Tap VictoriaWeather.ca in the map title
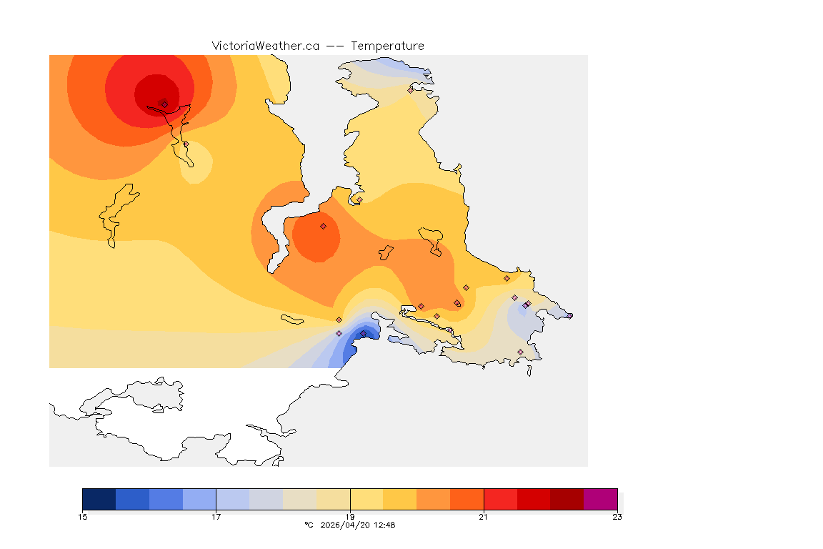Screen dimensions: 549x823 tap(265, 46)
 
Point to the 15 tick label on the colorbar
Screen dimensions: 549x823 tap(82, 517)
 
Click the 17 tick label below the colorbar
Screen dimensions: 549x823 tap(216, 517)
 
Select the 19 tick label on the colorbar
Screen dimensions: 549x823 tap(350, 517)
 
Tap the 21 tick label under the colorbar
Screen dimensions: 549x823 tap(484, 517)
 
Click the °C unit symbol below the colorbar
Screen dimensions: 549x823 tap(309, 525)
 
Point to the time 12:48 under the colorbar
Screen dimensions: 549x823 tap(384, 525)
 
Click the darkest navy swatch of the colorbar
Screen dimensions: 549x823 tap(99, 498)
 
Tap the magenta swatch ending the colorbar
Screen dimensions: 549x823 tap(600, 498)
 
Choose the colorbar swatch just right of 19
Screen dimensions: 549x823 tap(366, 498)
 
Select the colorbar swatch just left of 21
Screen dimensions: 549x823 tap(467, 498)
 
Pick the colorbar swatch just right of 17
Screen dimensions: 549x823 tap(233, 498)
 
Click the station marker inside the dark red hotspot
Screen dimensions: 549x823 tap(164, 104)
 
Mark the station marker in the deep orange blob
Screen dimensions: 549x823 tap(323, 226)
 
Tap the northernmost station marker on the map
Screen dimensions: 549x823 tap(410, 90)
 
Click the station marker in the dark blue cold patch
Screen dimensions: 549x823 tap(363, 333)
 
